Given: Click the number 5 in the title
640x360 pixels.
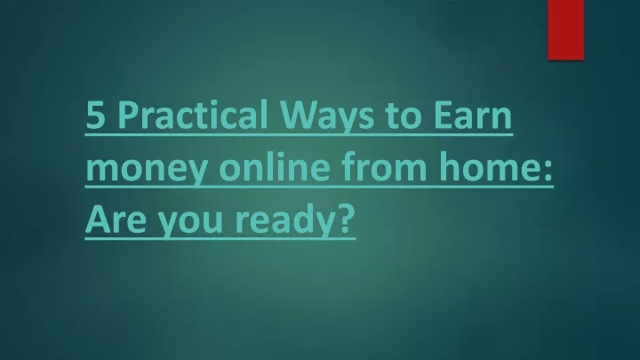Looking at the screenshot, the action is click(96, 115).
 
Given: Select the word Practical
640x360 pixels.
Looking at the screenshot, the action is click(193, 114).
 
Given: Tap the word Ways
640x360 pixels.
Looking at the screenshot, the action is click(327, 117).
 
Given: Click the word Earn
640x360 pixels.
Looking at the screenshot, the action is click(473, 115).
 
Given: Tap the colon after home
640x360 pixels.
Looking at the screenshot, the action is click(548, 170).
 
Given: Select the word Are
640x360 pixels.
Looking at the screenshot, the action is click(116, 220).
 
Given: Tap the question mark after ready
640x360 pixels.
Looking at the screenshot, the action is click(346, 219).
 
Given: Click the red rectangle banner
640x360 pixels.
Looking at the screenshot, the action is click(565, 30).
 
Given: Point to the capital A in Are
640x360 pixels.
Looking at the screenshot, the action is click(99, 220).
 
